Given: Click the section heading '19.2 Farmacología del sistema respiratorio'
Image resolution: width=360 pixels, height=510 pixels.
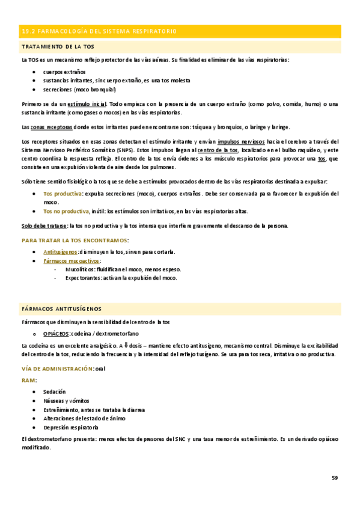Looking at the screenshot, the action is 99,31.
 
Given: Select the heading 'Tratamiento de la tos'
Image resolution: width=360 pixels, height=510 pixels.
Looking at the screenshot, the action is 58,47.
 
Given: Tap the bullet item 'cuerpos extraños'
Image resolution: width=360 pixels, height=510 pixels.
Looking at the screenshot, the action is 64,72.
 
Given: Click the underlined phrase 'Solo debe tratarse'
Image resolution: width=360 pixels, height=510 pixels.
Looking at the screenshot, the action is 44,226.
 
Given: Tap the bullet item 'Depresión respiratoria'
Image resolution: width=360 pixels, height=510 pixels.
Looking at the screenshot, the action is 71,427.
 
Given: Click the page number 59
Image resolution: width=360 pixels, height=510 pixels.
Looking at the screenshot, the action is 335,478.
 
